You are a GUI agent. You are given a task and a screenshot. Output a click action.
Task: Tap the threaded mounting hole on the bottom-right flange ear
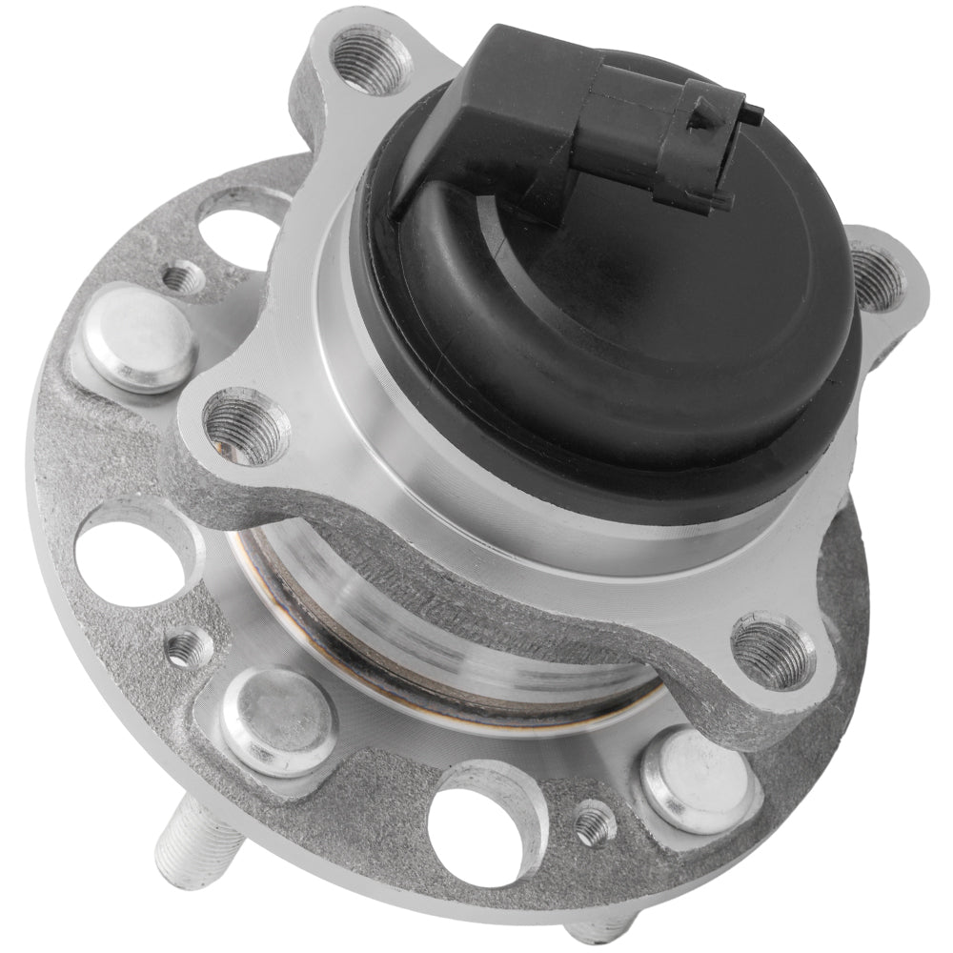[773, 650]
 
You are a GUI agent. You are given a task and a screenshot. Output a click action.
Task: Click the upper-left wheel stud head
[138, 338]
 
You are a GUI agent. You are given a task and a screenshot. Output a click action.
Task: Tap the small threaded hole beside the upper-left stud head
[183, 278]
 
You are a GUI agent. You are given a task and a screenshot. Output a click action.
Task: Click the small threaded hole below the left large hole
[190, 649]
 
